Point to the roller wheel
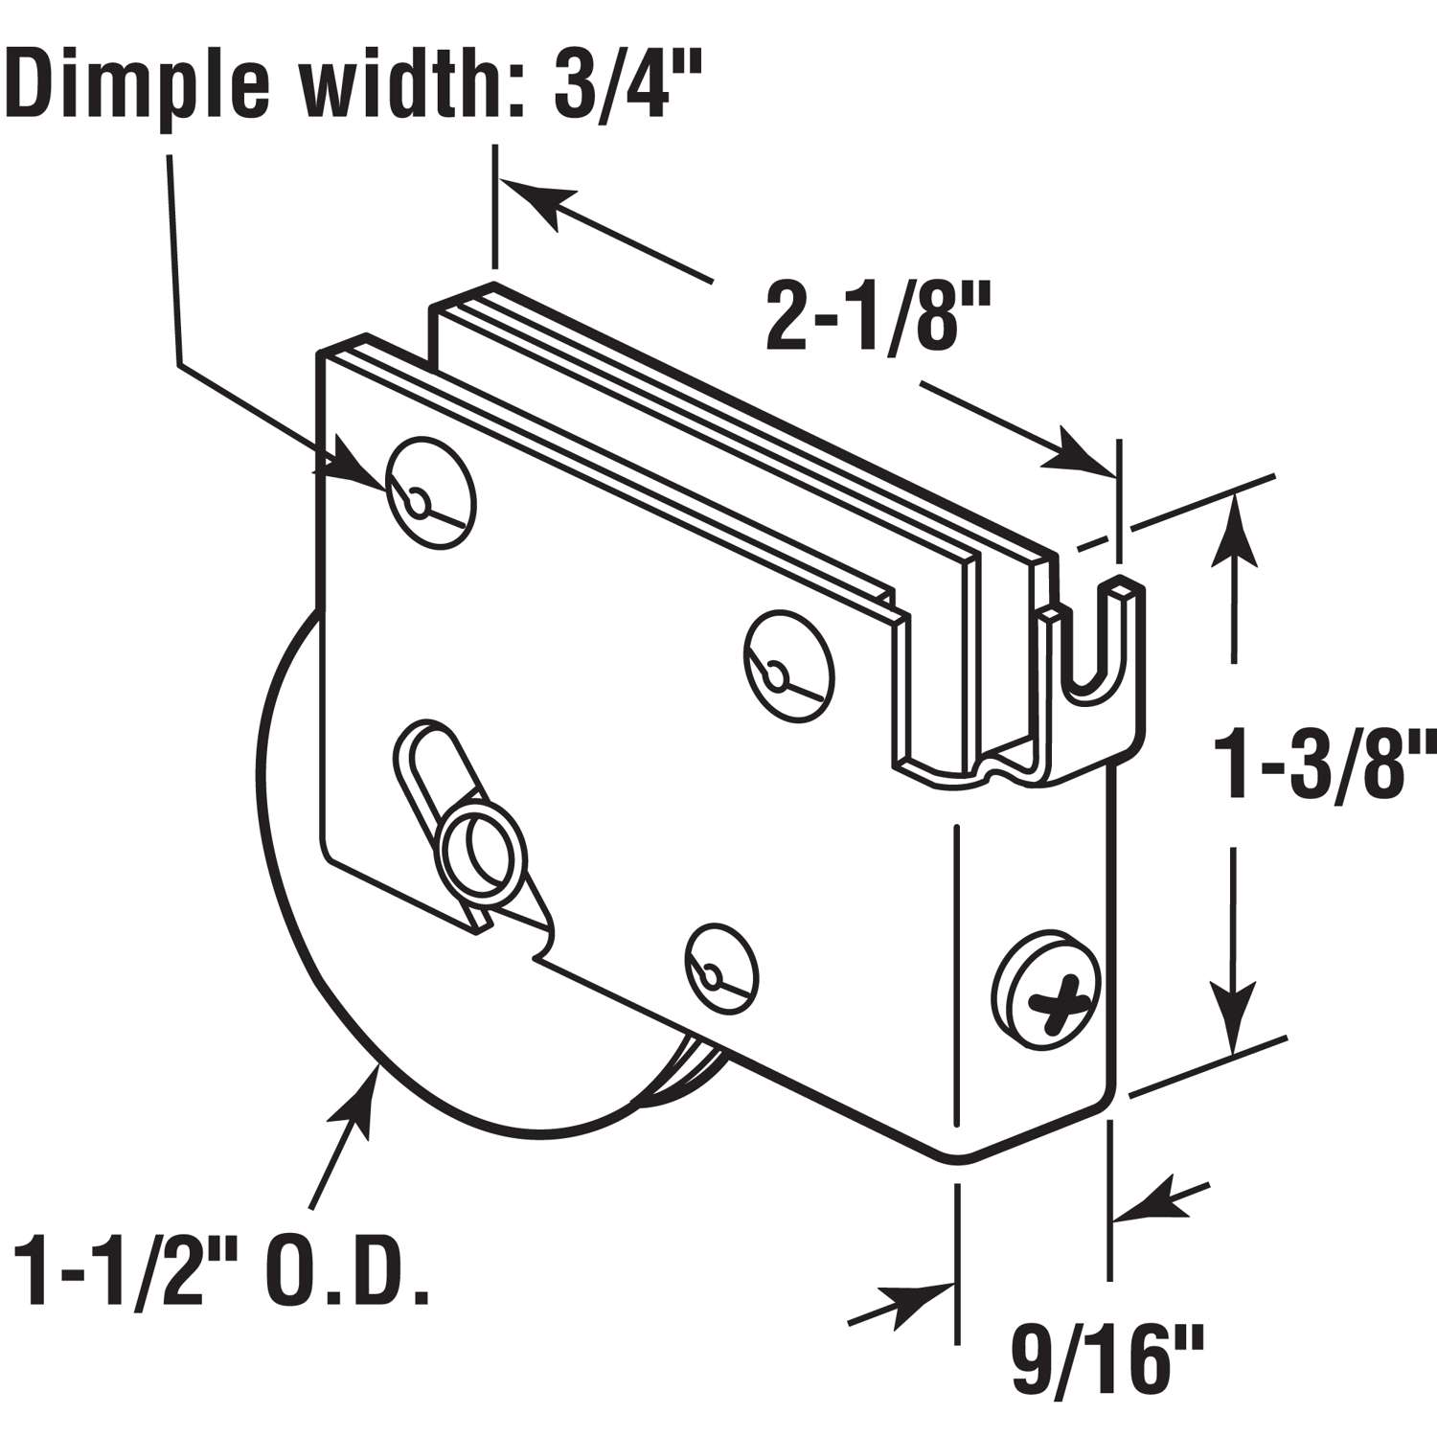click(316, 920)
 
